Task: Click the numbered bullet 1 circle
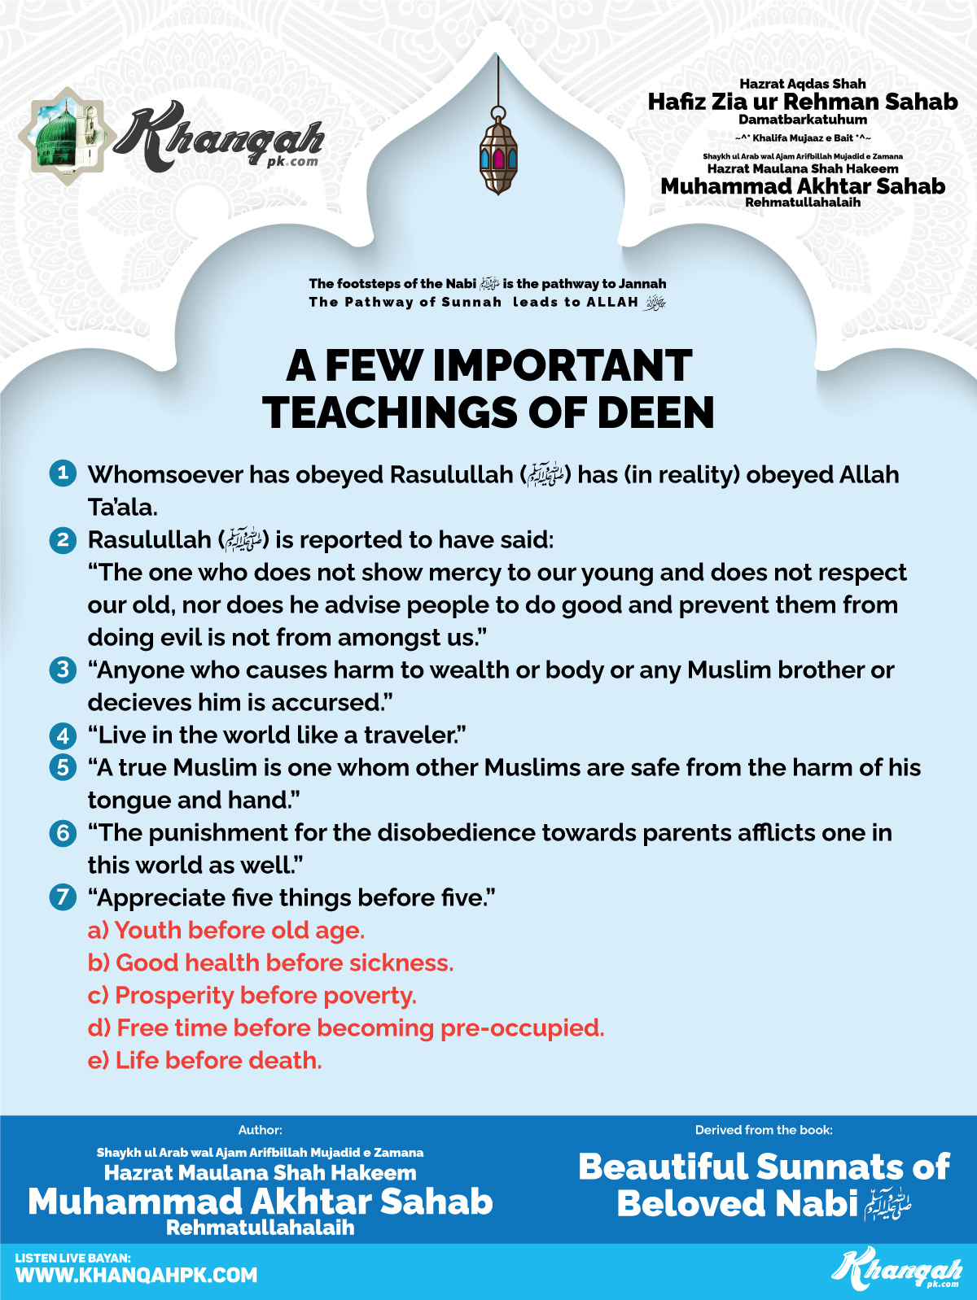[x=63, y=473]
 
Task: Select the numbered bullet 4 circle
[x=63, y=735]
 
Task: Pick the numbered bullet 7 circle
[x=63, y=897]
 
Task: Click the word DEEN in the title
[x=655, y=412]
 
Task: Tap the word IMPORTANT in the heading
[x=562, y=366]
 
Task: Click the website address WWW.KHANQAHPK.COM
[x=136, y=1275]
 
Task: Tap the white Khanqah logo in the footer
[x=896, y=1270]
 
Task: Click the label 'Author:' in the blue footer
[x=261, y=1130]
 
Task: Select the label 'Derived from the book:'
[x=764, y=1130]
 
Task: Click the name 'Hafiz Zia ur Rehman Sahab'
[x=803, y=102]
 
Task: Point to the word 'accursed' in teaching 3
[x=329, y=702]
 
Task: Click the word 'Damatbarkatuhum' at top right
[x=803, y=120]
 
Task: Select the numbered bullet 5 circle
[x=63, y=767]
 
